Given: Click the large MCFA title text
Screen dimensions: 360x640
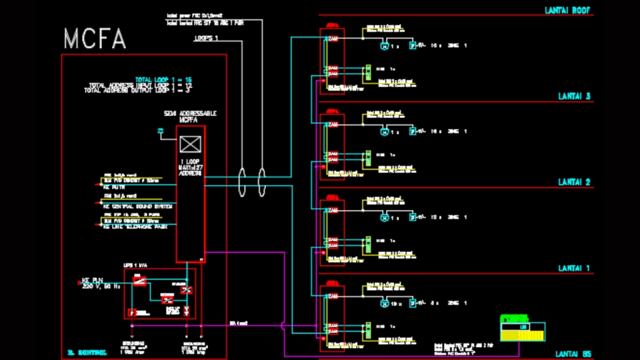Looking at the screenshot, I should coord(95,39).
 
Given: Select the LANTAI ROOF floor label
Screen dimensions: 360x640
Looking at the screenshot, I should coord(568,11).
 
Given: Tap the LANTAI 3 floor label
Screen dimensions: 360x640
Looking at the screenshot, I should coord(574,97).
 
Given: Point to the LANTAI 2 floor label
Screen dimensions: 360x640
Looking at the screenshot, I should coord(574,182).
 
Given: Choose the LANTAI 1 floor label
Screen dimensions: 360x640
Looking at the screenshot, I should coord(574,268).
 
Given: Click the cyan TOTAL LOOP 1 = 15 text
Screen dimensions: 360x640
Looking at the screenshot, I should coord(163,79).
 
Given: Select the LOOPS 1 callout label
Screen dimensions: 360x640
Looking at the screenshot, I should coord(206,39).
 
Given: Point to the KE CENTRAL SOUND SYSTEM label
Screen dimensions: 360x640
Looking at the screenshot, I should coord(138,207).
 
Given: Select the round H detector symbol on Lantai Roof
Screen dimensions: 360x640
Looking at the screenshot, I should coord(384,46).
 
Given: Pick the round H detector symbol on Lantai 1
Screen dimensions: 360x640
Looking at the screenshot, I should coord(384,303).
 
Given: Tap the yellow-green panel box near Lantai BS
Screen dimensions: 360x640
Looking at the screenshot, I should coord(523,328).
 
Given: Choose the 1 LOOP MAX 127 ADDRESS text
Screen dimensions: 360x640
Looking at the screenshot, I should coord(190,167).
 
